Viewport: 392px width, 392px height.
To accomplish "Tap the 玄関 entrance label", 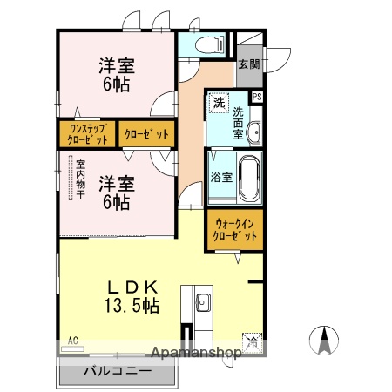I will coord(248,64).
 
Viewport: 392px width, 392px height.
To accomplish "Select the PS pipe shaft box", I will coord(257,97).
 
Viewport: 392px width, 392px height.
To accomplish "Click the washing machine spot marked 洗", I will coord(219,104).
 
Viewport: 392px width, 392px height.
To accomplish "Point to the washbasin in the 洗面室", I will coord(253,132).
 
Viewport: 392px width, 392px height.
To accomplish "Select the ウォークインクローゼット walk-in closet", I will coord(234,229).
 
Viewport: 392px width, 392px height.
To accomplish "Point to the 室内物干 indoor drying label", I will coord(79,178).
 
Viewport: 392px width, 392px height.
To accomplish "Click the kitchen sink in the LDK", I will coord(202,303).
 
